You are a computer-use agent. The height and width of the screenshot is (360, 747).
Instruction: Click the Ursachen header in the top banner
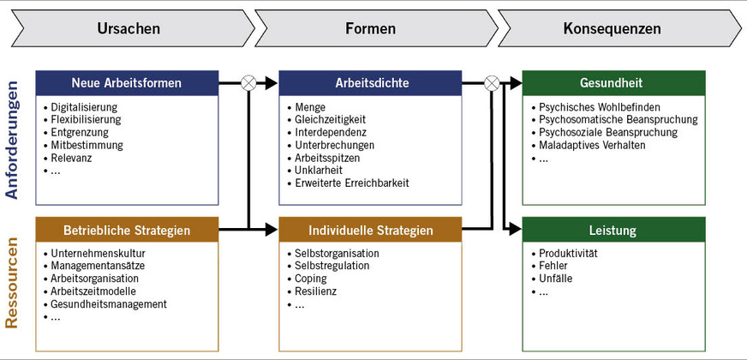pyautogui.click(x=128, y=28)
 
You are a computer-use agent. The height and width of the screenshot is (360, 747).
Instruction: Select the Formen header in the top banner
pyautogui.click(x=370, y=28)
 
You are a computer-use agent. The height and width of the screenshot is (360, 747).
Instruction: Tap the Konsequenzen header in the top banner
pyautogui.click(x=612, y=28)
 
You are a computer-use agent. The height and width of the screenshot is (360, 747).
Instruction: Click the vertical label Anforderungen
pyautogui.click(x=12, y=140)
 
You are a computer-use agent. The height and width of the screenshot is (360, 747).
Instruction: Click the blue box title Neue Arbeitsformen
pyautogui.click(x=127, y=83)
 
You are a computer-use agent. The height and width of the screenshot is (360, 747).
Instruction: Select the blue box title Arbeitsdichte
pyautogui.click(x=370, y=83)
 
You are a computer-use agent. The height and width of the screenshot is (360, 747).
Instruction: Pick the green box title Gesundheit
pyautogui.click(x=613, y=83)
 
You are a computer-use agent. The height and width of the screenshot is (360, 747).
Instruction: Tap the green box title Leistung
pyautogui.click(x=613, y=230)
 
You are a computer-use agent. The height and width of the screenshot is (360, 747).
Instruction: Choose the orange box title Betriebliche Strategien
pyautogui.click(x=127, y=230)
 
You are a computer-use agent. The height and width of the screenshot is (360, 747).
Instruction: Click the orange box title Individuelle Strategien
pyautogui.click(x=370, y=230)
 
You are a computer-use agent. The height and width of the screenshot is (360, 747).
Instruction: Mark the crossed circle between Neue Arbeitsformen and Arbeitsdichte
pyautogui.click(x=248, y=83)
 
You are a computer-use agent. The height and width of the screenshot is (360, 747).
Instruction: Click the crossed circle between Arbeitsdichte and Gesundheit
pyautogui.click(x=492, y=83)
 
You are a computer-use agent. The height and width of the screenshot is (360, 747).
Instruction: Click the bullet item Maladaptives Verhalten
pyautogui.click(x=592, y=146)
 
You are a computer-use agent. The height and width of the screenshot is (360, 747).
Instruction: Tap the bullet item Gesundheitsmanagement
pyautogui.click(x=109, y=304)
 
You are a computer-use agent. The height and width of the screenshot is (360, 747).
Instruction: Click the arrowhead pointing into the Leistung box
pyautogui.click(x=516, y=230)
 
